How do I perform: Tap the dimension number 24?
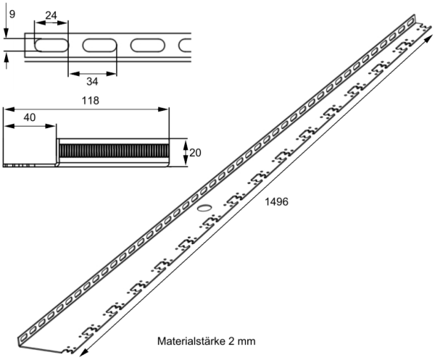(x=51, y=15)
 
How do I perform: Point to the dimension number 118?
(x=90, y=101)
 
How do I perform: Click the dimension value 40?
(x=30, y=117)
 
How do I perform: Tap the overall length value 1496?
(x=277, y=202)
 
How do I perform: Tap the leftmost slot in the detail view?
(x=50, y=45)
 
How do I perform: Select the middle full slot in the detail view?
(x=99, y=45)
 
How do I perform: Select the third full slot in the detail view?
(x=148, y=45)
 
